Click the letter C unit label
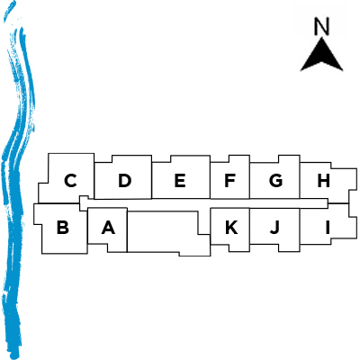(70, 181)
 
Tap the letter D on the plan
(125, 181)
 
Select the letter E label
(180, 181)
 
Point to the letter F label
(229, 181)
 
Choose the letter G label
(275, 181)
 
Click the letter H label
(323, 181)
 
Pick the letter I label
(328, 227)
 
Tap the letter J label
(274, 227)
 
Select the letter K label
(231, 227)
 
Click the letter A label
(108, 227)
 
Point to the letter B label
(63, 227)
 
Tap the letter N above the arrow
(321, 26)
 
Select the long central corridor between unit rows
(204, 203)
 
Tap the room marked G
(274, 177)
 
